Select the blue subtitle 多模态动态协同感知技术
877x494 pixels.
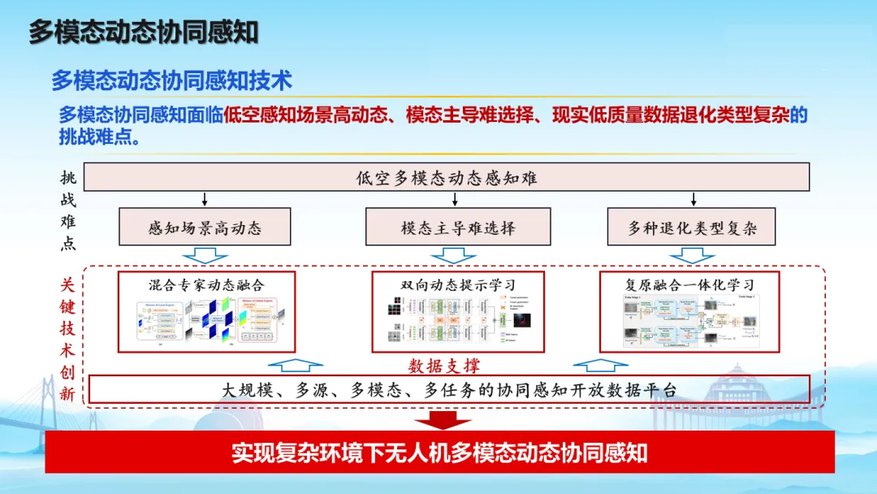[171, 80]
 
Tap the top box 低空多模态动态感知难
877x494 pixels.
[447, 177]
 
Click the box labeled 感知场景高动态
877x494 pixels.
[205, 227]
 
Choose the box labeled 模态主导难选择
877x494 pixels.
[458, 227]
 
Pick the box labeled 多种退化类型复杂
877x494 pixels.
[692, 227]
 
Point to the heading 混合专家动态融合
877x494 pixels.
[206, 284]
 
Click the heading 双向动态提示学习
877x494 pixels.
[458, 284]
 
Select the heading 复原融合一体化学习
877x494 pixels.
[689, 284]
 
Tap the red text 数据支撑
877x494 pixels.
[443, 366]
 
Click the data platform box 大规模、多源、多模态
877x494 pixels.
[449, 389]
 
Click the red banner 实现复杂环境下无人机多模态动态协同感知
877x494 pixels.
[439, 453]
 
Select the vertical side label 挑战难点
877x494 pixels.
[68, 210]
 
